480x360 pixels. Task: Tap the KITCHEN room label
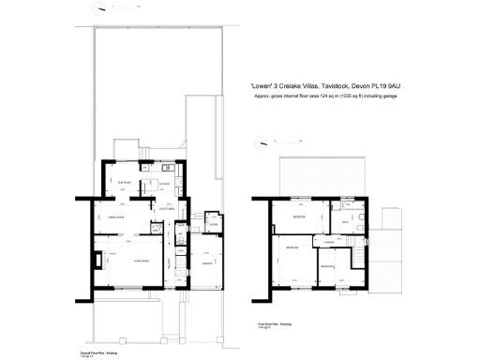pyautogui.click(x=164, y=184)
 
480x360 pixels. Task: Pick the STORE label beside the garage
pyautogui.click(x=214, y=225)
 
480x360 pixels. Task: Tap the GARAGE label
pyautogui.click(x=207, y=263)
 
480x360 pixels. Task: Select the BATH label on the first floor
pyautogui.click(x=346, y=222)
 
